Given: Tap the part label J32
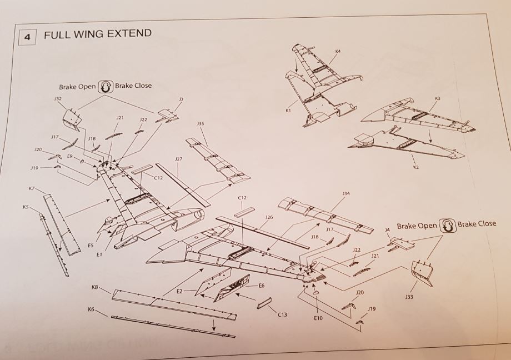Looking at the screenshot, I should pos(58,98).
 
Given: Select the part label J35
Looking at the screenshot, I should pos(200,123).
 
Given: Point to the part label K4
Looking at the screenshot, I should pos(338,51).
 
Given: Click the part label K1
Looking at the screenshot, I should pos(288,111).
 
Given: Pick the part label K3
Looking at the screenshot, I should pos(437,98).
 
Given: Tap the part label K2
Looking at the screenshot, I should pos(415,167).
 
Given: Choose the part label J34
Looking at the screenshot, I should pos(346,193).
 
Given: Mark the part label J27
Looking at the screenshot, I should pos(178,159).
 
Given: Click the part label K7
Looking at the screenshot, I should pos(32,189).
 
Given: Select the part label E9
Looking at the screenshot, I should pos(70,157).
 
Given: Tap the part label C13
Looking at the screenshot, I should pos(283,315).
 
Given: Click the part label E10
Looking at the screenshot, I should pos(318,319).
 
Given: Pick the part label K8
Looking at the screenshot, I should pos(94,287).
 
